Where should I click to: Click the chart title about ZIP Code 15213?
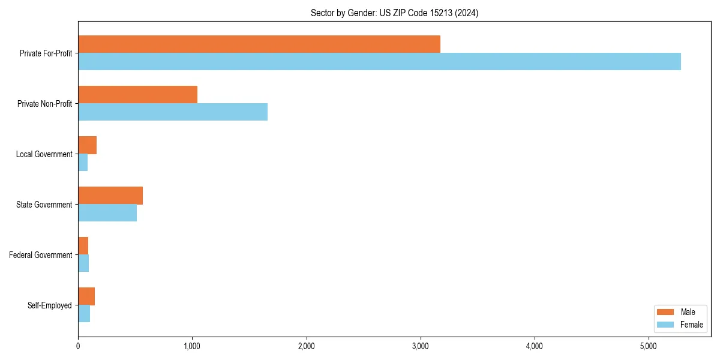pyautogui.click(x=394, y=13)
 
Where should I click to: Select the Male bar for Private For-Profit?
pyautogui.click(x=259, y=44)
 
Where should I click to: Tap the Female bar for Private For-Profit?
pyautogui.click(x=379, y=62)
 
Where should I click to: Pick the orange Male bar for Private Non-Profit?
pyautogui.click(x=137, y=95)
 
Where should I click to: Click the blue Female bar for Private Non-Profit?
pyautogui.click(x=173, y=112)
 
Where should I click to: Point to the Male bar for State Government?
pyautogui.click(x=110, y=196)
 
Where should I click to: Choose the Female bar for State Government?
pyautogui.click(x=107, y=213)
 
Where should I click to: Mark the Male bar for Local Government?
pyautogui.click(x=88, y=145)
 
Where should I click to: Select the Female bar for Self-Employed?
pyautogui.click(x=84, y=314)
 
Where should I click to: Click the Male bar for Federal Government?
pyautogui.click(x=83, y=246)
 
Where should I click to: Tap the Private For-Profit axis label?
pyautogui.click(x=46, y=53)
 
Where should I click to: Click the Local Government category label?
pyautogui.click(x=44, y=154)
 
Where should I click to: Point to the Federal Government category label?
pyautogui.click(x=40, y=255)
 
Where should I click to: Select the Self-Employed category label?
pyautogui.click(x=49, y=305)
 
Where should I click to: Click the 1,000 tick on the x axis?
pyautogui.click(x=192, y=346)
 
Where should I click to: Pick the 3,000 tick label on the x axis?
pyautogui.click(x=420, y=346)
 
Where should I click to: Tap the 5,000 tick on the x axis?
pyautogui.click(x=649, y=346)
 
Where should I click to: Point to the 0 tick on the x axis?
pyautogui.click(x=78, y=346)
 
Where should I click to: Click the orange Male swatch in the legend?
pyautogui.click(x=666, y=312)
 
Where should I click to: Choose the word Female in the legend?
pyautogui.click(x=692, y=325)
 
